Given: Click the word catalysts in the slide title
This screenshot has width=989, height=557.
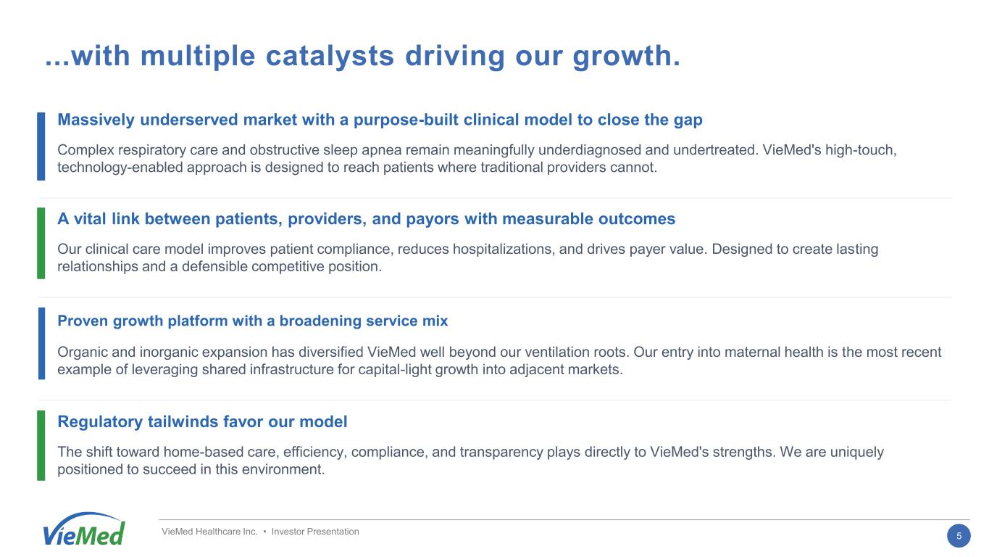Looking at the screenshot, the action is coord(330,57).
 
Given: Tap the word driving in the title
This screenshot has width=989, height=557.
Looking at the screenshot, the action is coord(455,57).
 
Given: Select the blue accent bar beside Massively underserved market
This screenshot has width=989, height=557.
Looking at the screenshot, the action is coord(41,147).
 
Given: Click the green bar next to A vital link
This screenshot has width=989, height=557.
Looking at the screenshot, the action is coord(41,243).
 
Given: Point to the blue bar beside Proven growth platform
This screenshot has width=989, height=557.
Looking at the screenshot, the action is coord(41,344).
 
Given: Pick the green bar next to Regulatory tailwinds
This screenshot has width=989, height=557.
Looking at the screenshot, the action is coord(41,445).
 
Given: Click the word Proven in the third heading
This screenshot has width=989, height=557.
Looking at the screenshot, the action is coord(83,321).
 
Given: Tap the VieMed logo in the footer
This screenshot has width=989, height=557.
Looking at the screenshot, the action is coord(83,529).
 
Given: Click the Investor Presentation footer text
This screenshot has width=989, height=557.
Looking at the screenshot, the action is coord(315,532).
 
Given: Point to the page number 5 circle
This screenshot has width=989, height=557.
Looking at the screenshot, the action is coord(959,536).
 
